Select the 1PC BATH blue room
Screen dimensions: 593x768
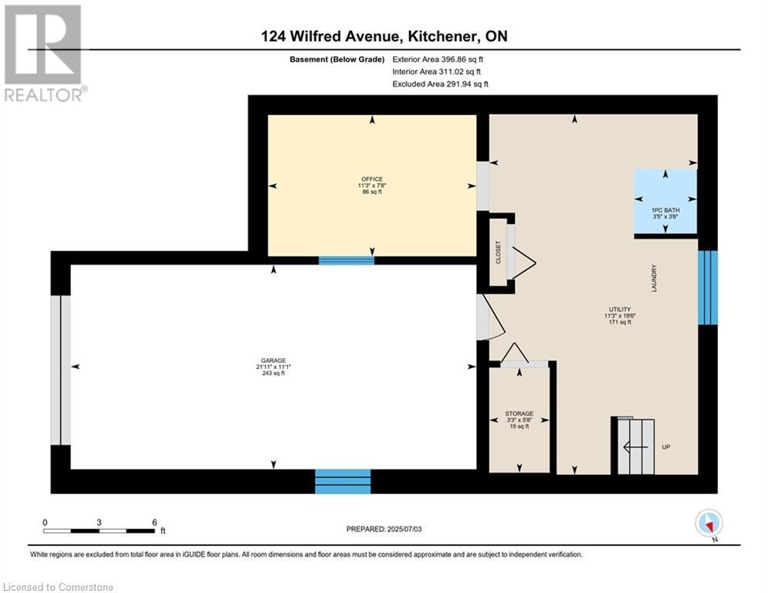[665, 202]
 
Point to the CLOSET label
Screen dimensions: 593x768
[499, 252]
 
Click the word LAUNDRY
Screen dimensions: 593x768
[654, 278]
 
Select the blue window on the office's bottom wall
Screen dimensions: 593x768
[346, 260]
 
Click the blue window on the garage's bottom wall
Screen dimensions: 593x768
[343, 482]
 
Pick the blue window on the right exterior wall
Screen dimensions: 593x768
[707, 286]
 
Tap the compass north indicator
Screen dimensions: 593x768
[708, 524]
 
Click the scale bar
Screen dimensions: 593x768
[99, 530]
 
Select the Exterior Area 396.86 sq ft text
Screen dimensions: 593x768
[438, 59]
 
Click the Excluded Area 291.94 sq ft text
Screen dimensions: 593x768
[440, 84]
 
